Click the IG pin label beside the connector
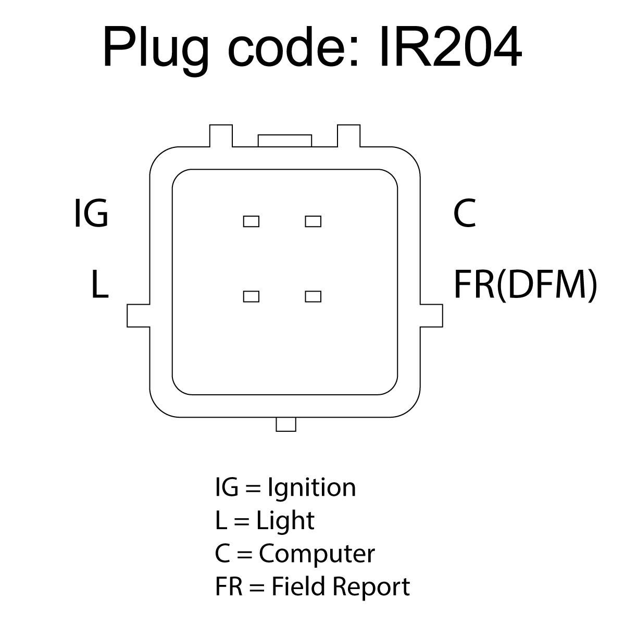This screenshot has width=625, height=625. click(91, 213)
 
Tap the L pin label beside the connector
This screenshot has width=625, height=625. click(99, 284)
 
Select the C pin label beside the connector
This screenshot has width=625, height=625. click(465, 213)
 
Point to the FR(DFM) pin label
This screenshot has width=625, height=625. click(526, 284)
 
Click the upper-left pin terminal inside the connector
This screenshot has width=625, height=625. click(251, 221)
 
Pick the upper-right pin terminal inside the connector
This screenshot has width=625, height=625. click(313, 221)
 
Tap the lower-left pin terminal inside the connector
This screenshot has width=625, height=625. click(251, 296)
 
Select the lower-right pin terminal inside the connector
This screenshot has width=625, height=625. click(313, 296)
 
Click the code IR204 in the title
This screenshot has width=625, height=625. click(451, 47)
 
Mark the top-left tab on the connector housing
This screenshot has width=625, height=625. click(221, 136)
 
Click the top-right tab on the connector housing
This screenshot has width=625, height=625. click(348, 136)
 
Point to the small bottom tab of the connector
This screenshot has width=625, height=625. click(286, 424)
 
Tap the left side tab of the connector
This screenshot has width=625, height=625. click(139, 316)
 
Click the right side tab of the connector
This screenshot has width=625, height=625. click(431, 316)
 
